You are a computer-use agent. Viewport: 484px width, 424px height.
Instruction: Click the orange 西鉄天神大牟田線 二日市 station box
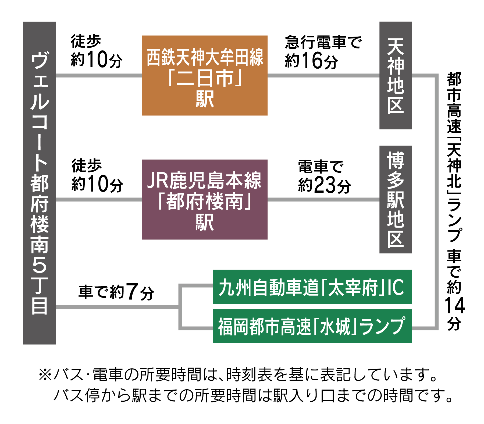pyautogui.click(x=204, y=75)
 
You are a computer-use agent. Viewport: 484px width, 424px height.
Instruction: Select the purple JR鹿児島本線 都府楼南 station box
pyautogui.click(x=204, y=199)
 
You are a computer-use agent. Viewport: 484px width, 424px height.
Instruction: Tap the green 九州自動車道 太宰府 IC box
pyautogui.click(x=312, y=287)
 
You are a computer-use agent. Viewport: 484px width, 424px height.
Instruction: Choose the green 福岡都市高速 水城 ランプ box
pyautogui.click(x=312, y=326)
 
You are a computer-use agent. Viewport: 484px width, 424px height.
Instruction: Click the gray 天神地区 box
pyautogui.click(x=395, y=75)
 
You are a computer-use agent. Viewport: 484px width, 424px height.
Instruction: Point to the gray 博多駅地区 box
pyautogui.click(x=395, y=199)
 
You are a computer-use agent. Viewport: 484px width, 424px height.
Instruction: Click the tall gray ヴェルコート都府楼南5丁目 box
pyautogui.click(x=39, y=183)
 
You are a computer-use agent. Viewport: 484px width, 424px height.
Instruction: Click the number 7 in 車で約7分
pyautogui.click(x=132, y=292)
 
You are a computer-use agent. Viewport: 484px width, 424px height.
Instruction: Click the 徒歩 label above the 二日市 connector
pyautogui.click(x=86, y=41)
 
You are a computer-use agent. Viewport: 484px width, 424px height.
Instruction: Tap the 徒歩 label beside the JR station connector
pyautogui.click(x=86, y=165)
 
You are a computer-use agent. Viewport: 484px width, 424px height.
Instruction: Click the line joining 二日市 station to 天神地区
pyautogui.click(x=323, y=76)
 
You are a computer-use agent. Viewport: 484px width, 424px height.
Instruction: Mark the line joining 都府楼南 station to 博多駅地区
pyautogui.click(x=323, y=200)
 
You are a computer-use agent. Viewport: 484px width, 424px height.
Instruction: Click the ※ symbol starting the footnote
pyautogui.click(x=45, y=375)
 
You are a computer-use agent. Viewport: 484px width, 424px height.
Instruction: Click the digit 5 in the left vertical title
pyautogui.click(x=39, y=265)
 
